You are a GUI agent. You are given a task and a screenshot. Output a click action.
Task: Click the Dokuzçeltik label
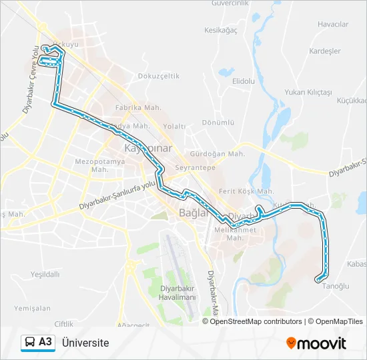tap(159, 76)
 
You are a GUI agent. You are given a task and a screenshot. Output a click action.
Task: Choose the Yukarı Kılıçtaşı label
tap(308, 92)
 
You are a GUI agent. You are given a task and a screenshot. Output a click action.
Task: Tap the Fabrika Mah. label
tap(138, 107)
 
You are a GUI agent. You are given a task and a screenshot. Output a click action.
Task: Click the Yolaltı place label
tap(174, 125)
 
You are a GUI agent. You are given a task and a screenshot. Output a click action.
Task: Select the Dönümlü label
tap(218, 123)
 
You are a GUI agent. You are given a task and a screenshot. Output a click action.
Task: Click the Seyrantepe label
tap(195, 168)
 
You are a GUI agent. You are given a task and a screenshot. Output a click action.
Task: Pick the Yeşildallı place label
tap(45, 274)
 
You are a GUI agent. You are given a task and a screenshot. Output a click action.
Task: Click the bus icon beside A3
tap(30, 343)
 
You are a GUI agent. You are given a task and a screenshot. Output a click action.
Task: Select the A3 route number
tap(45, 342)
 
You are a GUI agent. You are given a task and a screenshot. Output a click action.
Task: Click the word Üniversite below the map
tap(85, 343)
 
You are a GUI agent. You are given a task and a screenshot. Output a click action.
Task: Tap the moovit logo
tap(316, 343)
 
